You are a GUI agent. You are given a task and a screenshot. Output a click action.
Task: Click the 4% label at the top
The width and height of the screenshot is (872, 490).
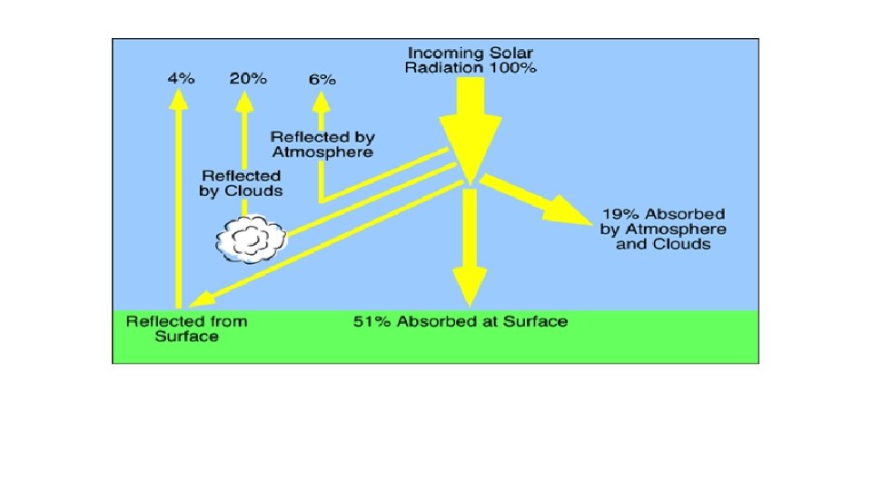pyautogui.click(x=181, y=78)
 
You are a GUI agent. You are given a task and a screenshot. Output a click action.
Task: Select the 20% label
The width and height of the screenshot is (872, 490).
pyautogui.click(x=248, y=78)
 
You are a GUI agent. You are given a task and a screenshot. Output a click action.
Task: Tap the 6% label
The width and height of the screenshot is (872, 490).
pyautogui.click(x=322, y=79)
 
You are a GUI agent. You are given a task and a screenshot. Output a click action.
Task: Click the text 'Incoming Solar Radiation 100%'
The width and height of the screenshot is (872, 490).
pyautogui.click(x=472, y=60)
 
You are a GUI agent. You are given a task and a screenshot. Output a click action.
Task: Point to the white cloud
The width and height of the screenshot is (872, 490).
pyautogui.click(x=250, y=240)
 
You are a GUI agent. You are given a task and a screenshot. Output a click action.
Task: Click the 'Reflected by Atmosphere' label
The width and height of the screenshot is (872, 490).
pyautogui.click(x=322, y=144)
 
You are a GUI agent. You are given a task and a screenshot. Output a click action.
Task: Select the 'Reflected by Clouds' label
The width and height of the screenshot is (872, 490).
pyautogui.click(x=241, y=182)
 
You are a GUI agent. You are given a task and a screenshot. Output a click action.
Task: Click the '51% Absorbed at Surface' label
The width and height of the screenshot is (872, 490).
pyautogui.click(x=461, y=321)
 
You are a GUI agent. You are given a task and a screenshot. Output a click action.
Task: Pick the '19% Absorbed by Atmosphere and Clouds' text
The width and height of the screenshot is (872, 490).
pyautogui.click(x=663, y=229)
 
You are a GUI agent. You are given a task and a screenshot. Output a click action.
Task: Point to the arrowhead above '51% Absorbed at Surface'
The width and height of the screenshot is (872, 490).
pyautogui.click(x=469, y=289)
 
